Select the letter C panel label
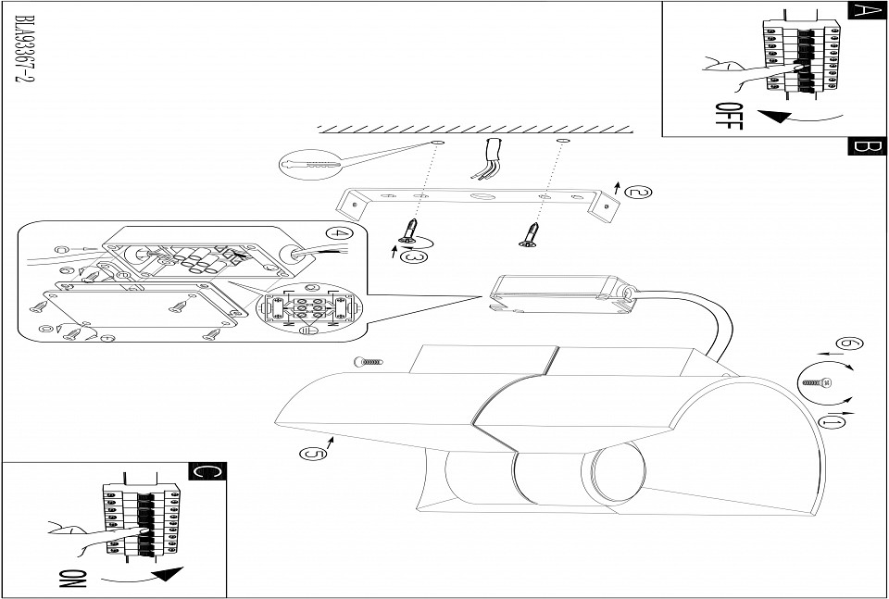(207, 470)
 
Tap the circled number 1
(833, 422)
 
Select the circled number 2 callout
(638, 193)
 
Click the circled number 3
(417, 256)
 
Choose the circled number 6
(847, 344)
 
